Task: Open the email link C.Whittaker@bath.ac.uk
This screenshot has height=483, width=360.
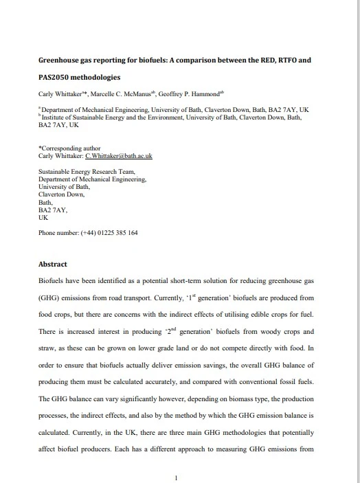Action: click(118, 156)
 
